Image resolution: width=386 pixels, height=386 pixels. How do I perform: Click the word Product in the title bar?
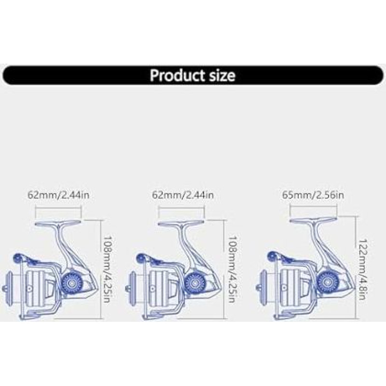(x=177, y=75)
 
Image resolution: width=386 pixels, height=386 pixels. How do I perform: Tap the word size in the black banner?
(x=221, y=75)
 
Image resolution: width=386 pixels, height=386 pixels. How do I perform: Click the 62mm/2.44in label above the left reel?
(x=58, y=195)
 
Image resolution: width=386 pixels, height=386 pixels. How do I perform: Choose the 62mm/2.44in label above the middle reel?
(x=183, y=195)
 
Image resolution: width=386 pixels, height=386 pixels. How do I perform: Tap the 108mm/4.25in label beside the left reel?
(x=108, y=269)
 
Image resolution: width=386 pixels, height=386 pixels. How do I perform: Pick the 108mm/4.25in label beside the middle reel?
(x=233, y=269)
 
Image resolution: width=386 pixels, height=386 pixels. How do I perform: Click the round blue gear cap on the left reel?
(x=71, y=283)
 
